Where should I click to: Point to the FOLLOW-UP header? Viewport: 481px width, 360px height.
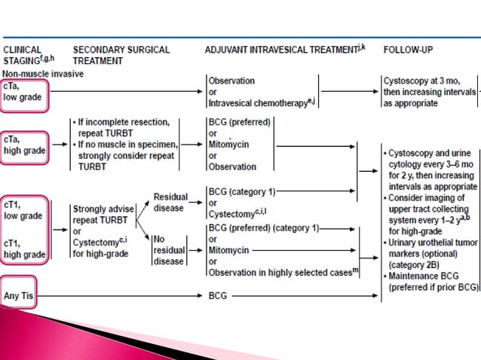(x=408, y=50)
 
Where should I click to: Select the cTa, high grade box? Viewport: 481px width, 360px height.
(x=25, y=145)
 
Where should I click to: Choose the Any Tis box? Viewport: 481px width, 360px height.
(x=24, y=296)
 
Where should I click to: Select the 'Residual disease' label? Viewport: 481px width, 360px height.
(x=171, y=202)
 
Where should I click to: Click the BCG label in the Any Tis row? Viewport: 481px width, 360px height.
(x=217, y=296)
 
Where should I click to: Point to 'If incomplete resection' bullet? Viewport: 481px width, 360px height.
(x=133, y=121)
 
